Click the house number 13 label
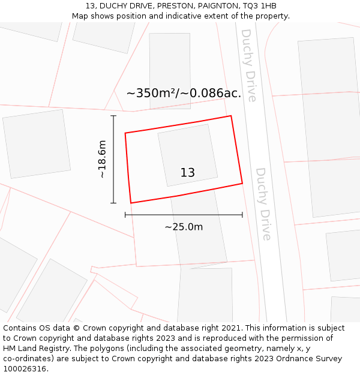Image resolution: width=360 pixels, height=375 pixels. pyautogui.click(x=188, y=173)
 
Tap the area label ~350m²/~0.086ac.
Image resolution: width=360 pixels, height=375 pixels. pyautogui.click(x=184, y=93)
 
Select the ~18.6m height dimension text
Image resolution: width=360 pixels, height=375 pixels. pyautogui.click(x=102, y=159)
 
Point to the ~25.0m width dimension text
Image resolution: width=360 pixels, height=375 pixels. pyautogui.click(x=184, y=227)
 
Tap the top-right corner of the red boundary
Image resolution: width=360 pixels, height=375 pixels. pyautogui.click(x=231, y=116)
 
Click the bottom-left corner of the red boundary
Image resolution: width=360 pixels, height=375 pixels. pyautogui.click(x=131, y=203)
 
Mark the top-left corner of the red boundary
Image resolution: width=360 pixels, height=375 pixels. pyautogui.click(x=125, y=133)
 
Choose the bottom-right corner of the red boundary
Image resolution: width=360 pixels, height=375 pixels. pyautogui.click(x=242, y=183)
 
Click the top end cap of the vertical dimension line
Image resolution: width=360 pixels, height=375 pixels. pyautogui.click(x=113, y=116)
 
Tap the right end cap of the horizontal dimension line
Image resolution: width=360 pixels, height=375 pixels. pyautogui.click(x=242, y=214)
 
